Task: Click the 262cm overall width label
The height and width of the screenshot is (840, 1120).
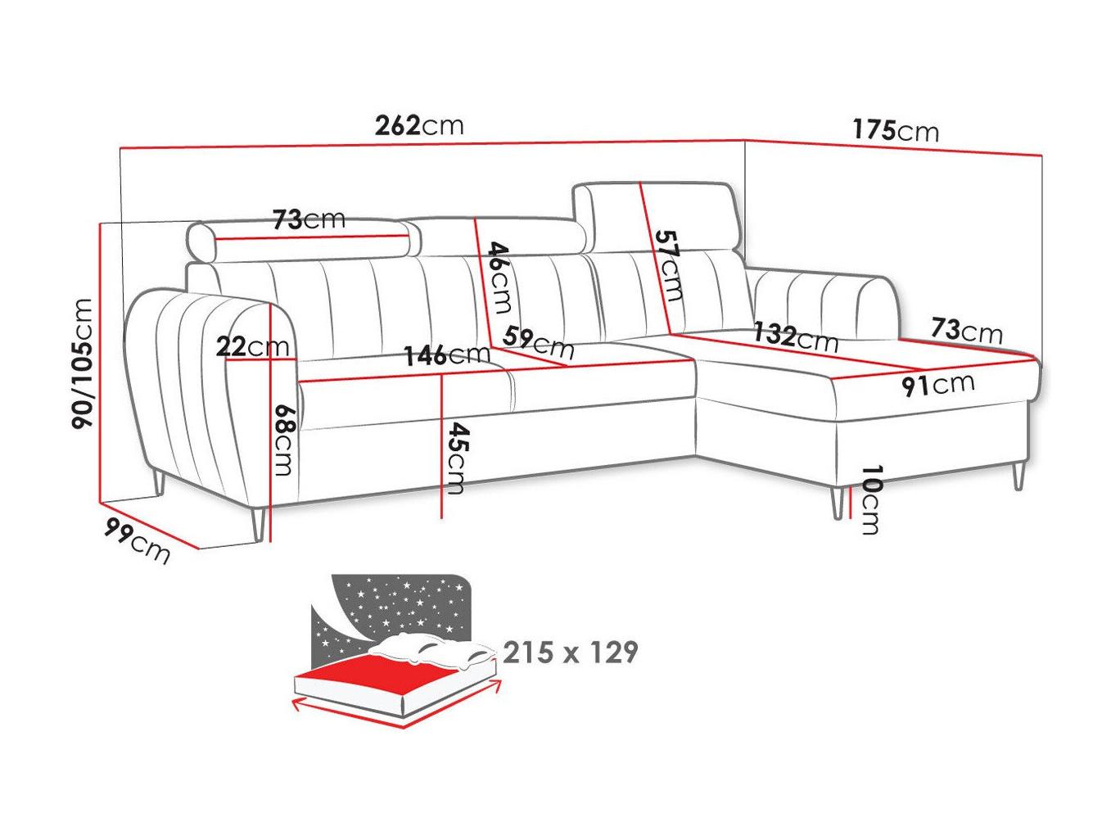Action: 419,125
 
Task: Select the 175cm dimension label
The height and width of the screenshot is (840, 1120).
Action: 895,130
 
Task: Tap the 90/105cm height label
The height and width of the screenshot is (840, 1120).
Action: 82,364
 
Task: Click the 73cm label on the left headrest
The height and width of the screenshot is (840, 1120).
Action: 309,219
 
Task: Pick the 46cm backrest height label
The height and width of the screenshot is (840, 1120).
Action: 499,278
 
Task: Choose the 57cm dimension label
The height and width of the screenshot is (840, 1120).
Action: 668,265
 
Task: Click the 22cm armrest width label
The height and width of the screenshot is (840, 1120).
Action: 252,347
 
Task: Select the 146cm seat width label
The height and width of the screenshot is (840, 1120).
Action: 447,355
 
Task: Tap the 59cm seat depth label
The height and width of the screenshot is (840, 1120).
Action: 539,343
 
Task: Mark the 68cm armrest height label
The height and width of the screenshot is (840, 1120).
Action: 283,440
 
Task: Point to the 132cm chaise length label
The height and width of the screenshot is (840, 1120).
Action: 796,337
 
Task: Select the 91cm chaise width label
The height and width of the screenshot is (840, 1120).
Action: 938,384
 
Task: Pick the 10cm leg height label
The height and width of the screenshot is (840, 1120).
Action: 870,500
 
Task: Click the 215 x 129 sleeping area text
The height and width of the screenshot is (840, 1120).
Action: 570,653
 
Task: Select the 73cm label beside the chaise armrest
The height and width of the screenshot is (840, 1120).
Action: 966,330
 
